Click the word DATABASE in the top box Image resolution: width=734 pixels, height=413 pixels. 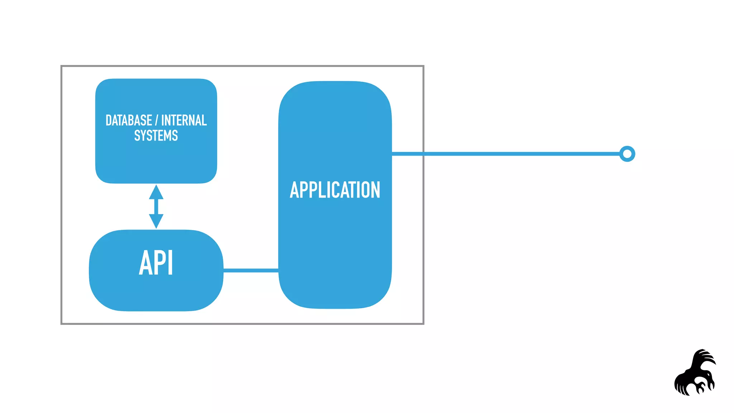(x=129, y=120)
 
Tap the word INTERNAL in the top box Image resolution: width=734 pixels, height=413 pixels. (x=184, y=120)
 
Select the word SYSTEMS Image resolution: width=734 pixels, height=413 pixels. (x=156, y=136)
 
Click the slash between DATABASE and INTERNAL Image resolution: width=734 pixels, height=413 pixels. (x=157, y=120)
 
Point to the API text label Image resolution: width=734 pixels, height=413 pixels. (x=156, y=263)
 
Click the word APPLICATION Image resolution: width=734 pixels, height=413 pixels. (x=335, y=190)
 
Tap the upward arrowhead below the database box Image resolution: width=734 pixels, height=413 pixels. (x=156, y=193)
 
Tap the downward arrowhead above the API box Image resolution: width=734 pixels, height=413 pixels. (x=156, y=221)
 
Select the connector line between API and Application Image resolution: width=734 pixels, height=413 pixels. (x=251, y=270)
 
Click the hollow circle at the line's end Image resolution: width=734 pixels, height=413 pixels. (x=627, y=154)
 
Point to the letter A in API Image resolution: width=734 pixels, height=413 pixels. (x=146, y=263)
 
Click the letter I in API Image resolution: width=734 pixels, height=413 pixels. (x=171, y=263)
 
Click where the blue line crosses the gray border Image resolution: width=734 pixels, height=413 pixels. (x=423, y=154)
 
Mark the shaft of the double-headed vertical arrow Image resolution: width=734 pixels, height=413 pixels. (x=156, y=207)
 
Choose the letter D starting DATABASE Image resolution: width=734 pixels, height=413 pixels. (x=109, y=120)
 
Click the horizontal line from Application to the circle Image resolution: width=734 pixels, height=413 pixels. (x=520, y=154)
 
